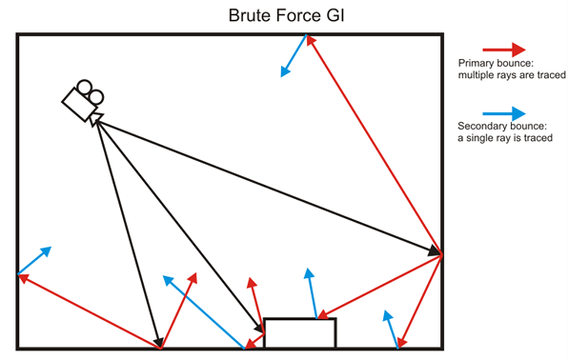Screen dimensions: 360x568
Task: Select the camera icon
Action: point(82,99)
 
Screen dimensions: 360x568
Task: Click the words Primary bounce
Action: point(494,64)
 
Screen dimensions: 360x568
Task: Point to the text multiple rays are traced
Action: point(505,75)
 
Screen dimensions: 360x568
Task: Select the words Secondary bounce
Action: point(501,127)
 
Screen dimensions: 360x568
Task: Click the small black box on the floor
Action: point(299,332)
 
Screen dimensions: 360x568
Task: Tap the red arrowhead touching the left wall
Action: point(23,278)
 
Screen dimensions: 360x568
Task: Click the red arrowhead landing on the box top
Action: point(324,314)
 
